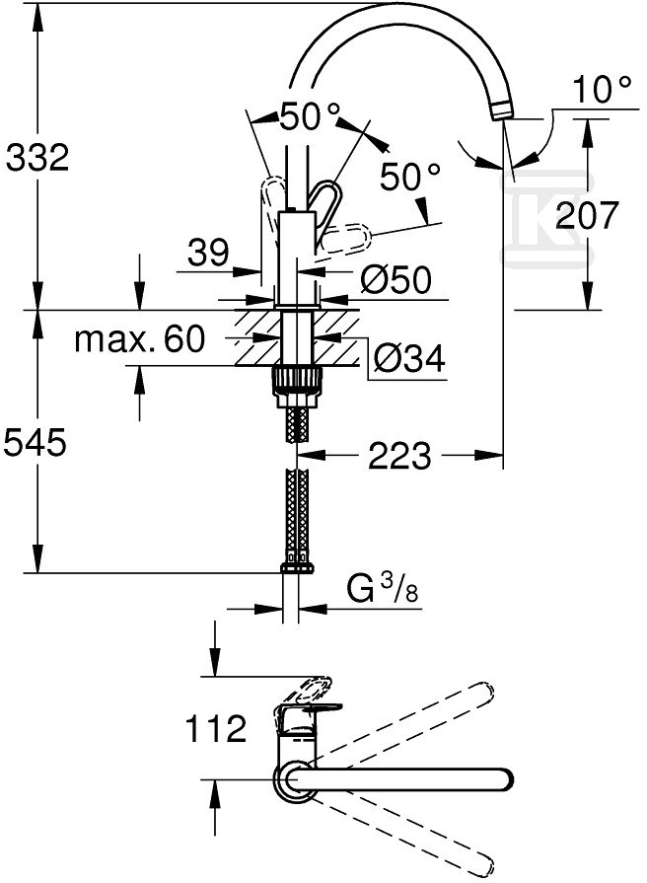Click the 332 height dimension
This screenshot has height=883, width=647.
coord(37,157)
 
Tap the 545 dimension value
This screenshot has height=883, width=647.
coord(35,442)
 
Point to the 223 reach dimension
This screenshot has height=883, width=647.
coord(399,455)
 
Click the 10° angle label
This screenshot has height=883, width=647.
coord(602,90)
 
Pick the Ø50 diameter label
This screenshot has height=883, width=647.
coord(395,279)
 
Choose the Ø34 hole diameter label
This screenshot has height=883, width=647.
coord(408,357)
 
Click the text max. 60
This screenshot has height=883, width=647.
coord(140,339)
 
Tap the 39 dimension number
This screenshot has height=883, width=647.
coord(208,252)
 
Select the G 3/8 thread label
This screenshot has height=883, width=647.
coord(383,590)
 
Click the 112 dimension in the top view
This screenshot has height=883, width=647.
coord(216,728)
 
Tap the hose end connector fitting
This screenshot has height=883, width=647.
coord(296,563)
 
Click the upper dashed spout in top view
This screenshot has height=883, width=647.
coord(395,726)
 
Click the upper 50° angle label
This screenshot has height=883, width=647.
coord(310,116)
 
